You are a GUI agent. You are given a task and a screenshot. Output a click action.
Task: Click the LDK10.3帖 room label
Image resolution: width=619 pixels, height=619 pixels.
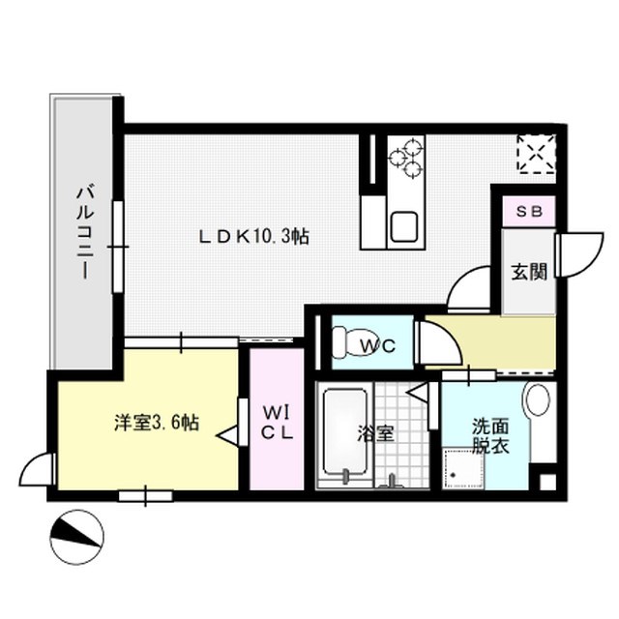pyautogui.click(x=253, y=236)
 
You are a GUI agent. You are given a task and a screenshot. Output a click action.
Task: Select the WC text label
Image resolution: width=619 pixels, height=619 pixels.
pyautogui.click(x=372, y=344)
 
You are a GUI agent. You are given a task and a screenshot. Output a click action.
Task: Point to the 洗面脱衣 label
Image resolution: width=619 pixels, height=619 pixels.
pyautogui.click(x=489, y=436)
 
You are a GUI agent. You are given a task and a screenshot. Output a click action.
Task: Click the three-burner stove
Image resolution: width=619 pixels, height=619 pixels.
pyautogui.click(x=406, y=158)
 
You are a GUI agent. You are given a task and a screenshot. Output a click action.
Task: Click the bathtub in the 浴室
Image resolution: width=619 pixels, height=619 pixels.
pyautogui.click(x=345, y=432)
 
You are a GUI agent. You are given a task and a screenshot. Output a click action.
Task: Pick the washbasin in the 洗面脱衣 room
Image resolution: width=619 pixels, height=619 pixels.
pyautogui.click(x=538, y=400)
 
